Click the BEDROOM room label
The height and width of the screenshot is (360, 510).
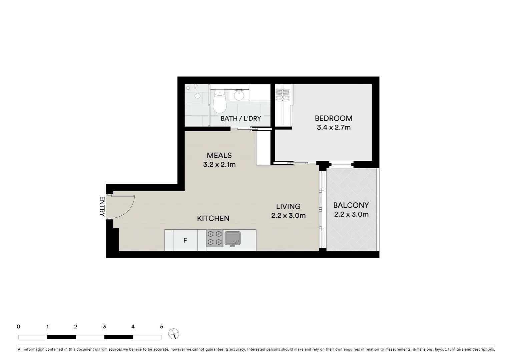coord(334,118)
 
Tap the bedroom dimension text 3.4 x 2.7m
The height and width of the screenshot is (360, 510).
coord(334,127)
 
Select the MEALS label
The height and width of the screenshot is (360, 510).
coord(219,155)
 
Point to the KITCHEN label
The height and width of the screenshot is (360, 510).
coord(213,218)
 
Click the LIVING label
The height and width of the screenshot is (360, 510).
coord(288,206)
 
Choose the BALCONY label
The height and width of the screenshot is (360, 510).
coord(351,205)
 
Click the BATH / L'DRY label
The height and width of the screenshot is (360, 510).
coord(240,119)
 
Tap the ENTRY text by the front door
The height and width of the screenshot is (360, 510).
coord(102,207)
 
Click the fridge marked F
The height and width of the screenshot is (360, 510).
coord(185,240)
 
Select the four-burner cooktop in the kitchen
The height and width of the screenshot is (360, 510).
coord(214,238)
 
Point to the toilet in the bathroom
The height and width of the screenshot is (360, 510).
coord(219,101)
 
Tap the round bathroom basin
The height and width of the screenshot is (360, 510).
coord(239,95)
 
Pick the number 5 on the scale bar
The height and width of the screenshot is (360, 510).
coord(162,327)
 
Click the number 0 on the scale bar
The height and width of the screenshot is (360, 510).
coord(18,327)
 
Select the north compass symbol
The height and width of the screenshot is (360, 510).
coord(174,334)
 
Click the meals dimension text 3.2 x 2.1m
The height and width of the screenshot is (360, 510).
coord(219,165)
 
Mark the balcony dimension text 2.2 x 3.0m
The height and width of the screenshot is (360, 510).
coord(351,214)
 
